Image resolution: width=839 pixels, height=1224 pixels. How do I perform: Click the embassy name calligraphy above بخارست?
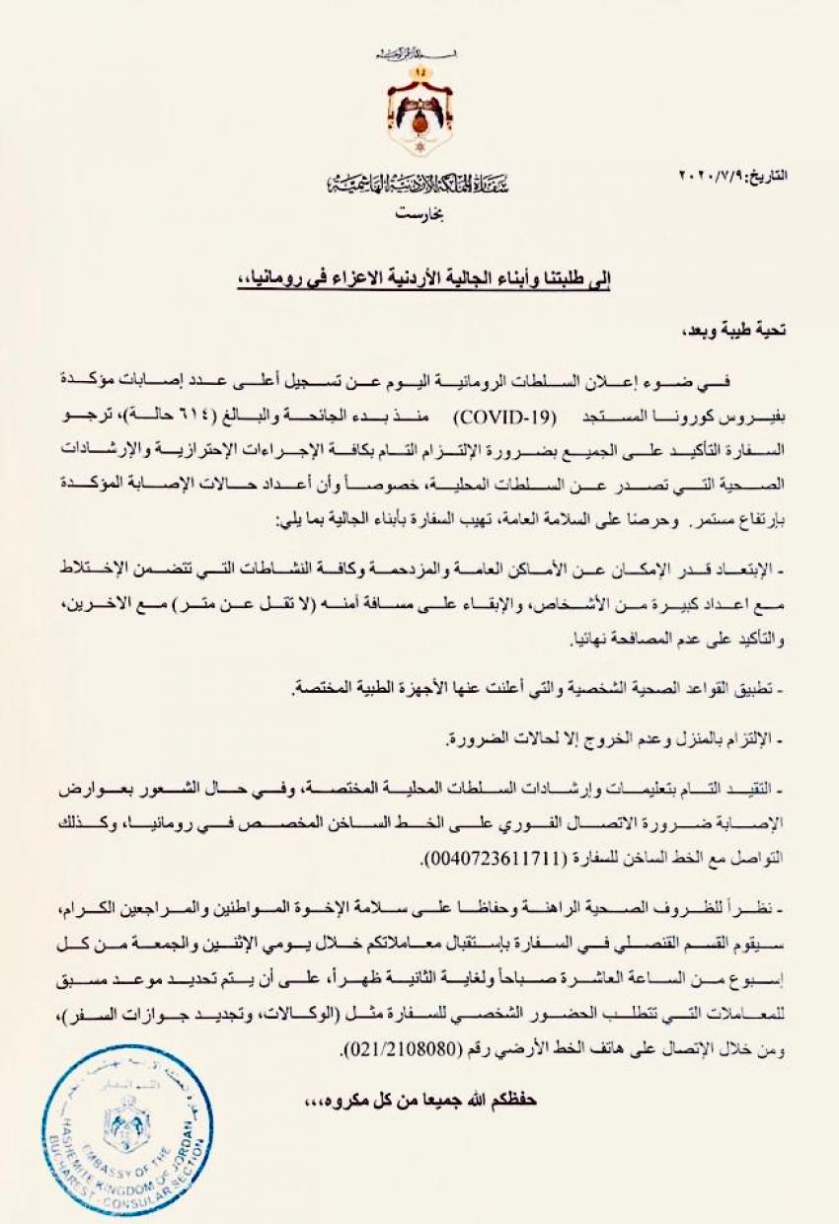pos(419,185)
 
